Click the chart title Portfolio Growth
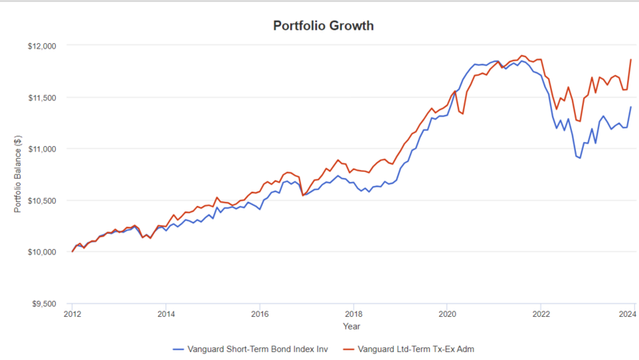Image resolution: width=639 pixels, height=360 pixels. click(x=323, y=26)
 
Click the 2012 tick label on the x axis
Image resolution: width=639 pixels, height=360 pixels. click(x=72, y=315)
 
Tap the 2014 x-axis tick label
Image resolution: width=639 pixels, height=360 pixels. click(x=165, y=315)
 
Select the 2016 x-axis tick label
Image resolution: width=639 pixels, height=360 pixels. click(x=260, y=315)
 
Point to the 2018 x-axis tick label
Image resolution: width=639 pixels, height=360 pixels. click(x=353, y=315)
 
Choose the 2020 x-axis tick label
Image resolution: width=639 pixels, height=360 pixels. click(x=447, y=315)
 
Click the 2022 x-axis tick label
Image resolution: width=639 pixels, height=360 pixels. click(x=541, y=315)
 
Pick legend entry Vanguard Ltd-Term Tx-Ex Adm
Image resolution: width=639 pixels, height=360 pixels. click(x=415, y=349)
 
